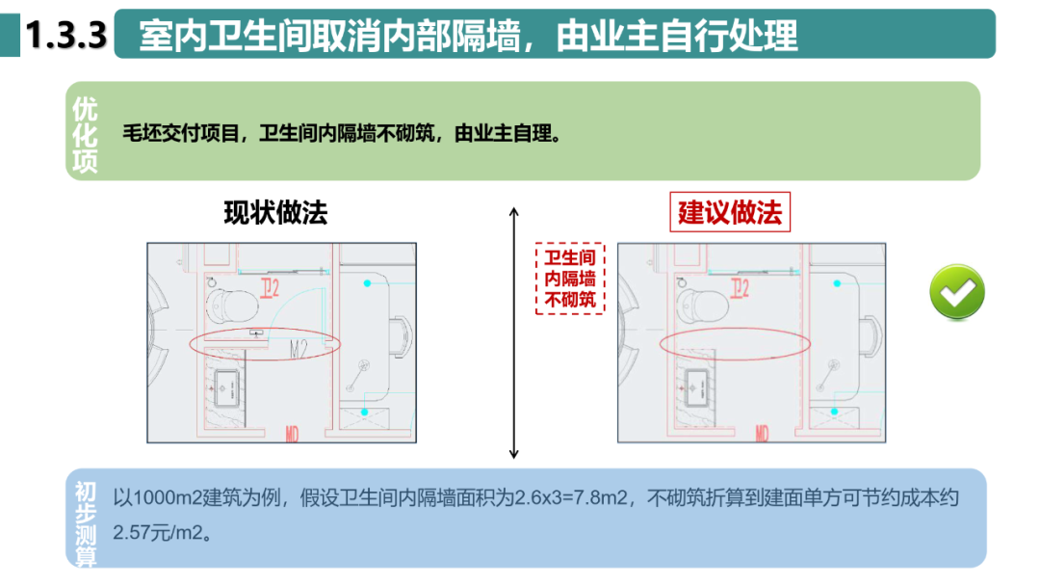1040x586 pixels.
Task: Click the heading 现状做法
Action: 275,213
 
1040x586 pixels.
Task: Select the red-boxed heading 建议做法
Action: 729,213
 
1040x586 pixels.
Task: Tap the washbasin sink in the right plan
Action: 701,388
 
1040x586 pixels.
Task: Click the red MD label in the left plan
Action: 292,435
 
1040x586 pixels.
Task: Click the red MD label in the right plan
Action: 762,435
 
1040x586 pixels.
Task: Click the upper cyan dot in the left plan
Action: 367,283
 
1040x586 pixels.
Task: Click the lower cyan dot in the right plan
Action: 836,412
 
